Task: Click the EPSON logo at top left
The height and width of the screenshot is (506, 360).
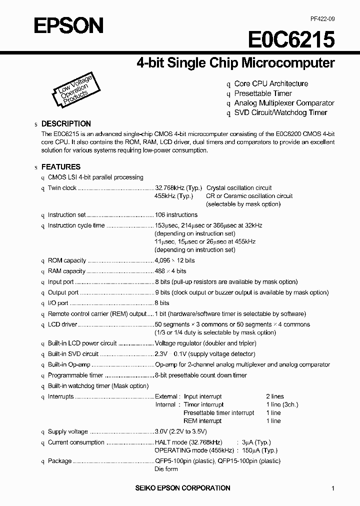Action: point(68,25)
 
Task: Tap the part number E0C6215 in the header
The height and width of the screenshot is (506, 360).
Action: point(291,39)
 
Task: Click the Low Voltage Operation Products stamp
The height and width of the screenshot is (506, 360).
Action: point(73,89)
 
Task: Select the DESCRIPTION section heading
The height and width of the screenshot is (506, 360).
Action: point(66,123)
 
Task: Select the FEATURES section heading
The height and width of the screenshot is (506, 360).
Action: point(60,167)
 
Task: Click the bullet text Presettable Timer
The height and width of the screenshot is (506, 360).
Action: point(263,93)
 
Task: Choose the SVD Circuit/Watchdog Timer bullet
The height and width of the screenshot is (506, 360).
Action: point(280,112)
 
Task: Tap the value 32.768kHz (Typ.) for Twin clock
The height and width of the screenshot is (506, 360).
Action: point(178,188)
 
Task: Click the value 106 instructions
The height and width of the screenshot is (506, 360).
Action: point(176,215)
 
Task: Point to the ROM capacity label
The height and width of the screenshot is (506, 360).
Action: point(67,260)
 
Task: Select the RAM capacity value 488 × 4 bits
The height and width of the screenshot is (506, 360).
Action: point(170,271)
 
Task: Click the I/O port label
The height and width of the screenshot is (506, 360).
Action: point(58,303)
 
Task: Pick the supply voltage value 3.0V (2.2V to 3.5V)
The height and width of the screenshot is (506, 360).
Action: point(180,431)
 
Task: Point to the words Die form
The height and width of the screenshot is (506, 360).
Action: point(166,469)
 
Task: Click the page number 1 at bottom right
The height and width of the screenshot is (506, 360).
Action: point(333,488)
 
